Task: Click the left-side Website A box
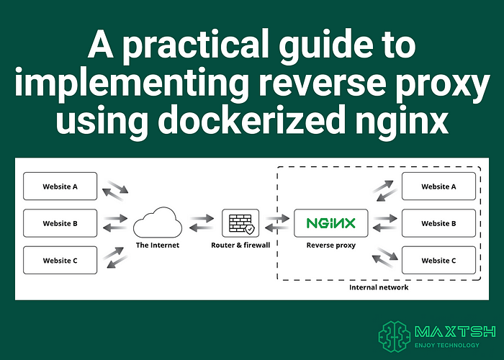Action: [60, 186]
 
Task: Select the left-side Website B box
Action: [60, 223]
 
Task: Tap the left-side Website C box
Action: [60, 260]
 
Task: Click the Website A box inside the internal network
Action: [438, 186]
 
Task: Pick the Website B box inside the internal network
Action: [438, 223]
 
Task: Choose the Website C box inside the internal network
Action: [438, 260]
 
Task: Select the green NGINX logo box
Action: [330, 222]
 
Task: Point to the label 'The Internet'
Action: [157, 246]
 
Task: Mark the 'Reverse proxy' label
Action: [330, 246]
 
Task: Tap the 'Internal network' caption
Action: [379, 287]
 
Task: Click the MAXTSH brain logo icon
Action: [395, 336]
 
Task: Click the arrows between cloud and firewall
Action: [201, 222]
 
